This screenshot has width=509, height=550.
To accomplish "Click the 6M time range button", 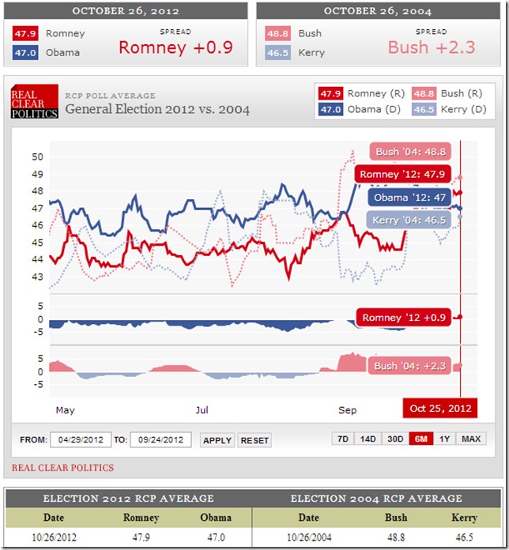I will pyautogui.click(x=420, y=439).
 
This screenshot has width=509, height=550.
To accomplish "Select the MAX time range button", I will pyautogui.click(x=471, y=439).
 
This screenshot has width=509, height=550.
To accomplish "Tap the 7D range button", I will pyautogui.click(x=342, y=439).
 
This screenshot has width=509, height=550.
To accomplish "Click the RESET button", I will pyautogui.click(x=254, y=440).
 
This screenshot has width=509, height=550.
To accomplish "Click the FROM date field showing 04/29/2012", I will pyautogui.click(x=81, y=440).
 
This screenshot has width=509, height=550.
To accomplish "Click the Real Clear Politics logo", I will pyautogui.click(x=34, y=103).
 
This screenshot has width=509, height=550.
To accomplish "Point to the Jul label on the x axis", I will pyautogui.click(x=202, y=410).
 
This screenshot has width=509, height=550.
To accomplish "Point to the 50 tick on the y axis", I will pyautogui.click(x=37, y=156).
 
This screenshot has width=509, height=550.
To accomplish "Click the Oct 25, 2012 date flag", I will pyautogui.click(x=441, y=409).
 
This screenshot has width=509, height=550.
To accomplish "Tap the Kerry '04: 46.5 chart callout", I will pyautogui.click(x=408, y=220).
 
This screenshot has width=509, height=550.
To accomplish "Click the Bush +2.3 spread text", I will pyautogui.click(x=432, y=47).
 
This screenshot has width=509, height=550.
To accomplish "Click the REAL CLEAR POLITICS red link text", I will pyautogui.click(x=62, y=468).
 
